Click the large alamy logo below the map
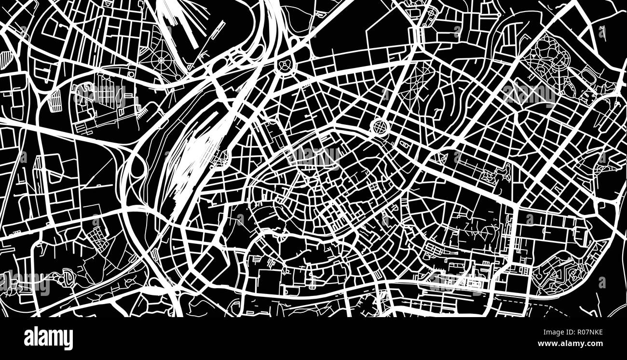click(48, 338)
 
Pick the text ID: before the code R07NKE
click(562, 332)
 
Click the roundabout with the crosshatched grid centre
click(380, 127)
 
